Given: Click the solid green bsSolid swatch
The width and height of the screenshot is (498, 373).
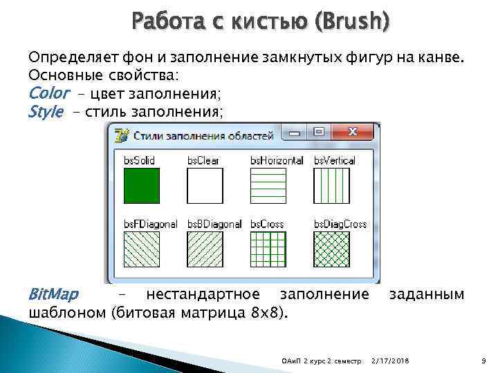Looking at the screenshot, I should coord(142,186).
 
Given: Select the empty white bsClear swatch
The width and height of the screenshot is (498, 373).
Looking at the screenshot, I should coord(205,186).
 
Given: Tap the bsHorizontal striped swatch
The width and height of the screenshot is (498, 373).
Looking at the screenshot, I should coord(268,186).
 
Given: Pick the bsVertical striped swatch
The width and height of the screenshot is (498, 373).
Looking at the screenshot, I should coord(331,186).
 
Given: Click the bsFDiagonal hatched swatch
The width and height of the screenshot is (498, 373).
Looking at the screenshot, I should coord(142,249).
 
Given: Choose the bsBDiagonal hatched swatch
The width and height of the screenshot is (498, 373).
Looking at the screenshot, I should coord(205,249).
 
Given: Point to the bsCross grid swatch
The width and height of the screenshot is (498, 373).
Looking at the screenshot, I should coord(268,249).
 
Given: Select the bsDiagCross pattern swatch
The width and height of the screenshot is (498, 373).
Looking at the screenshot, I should coord(331,249).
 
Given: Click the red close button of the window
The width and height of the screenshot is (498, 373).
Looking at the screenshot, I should coord(352,131).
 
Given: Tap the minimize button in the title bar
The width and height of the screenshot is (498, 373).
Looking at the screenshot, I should coord(297,131).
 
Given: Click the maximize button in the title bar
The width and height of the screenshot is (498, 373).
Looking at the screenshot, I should coord(320,131).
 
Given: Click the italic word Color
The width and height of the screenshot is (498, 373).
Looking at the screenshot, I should coord(48,93).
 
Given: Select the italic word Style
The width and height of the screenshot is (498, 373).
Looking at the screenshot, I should coord(46,112).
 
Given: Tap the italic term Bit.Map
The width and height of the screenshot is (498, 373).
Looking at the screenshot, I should coord(53,295).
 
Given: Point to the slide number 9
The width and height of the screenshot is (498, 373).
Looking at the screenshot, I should coord(483,361).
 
